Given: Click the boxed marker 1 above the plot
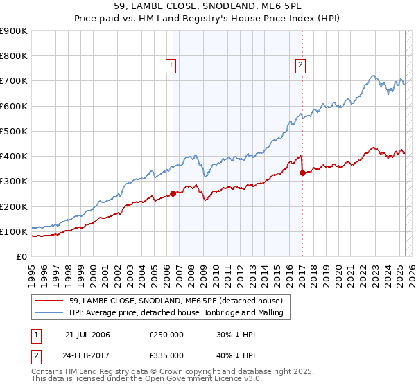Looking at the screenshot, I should pos(171,66).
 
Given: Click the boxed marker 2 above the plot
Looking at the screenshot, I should pos(301,66).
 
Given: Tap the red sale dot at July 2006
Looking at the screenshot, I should pos(173,194).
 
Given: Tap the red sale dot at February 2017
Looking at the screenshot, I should pos(302,173).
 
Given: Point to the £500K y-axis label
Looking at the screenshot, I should pos(14,131).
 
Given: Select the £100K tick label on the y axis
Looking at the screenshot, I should pos(14,231).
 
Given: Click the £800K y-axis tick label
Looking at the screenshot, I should pos(14,56).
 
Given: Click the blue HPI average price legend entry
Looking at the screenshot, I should pos(180,312).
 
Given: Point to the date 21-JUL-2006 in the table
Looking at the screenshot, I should pos(88,335).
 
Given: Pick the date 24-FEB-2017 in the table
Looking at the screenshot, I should pos(88,355).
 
